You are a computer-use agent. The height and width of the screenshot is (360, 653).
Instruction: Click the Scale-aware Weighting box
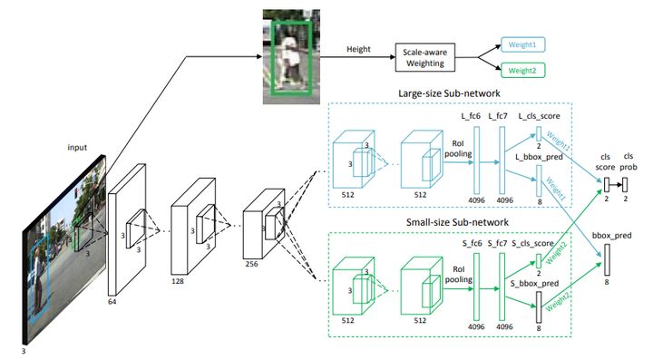point(424,57)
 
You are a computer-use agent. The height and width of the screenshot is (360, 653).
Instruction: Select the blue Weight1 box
point(522,44)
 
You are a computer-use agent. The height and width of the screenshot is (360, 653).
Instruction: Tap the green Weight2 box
point(522,71)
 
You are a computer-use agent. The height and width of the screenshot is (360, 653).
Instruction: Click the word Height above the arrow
point(358,49)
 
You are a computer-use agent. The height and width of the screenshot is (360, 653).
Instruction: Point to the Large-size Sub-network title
point(449,93)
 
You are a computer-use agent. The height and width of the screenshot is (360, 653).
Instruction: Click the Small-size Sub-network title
point(457,222)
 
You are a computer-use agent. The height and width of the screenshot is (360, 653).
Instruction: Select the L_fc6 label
point(471,116)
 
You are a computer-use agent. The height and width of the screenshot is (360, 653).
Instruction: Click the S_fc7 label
point(497,243)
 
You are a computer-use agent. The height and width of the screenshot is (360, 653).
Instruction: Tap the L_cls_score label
point(539,116)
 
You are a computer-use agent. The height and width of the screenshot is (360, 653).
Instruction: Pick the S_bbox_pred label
point(534,284)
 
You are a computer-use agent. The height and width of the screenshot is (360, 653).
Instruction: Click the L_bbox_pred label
point(539,157)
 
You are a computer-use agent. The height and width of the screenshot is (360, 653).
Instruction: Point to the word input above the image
point(77,147)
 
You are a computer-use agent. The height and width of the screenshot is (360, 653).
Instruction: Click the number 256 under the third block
point(251,264)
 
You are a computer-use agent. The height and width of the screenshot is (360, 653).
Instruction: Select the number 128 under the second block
point(178,281)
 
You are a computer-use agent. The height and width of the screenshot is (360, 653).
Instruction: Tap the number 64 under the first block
point(112,302)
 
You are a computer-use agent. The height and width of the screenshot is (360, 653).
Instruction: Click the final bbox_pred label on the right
point(612,236)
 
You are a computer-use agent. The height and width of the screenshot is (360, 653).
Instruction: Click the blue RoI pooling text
point(458,149)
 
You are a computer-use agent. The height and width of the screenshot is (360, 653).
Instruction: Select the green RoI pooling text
point(459,275)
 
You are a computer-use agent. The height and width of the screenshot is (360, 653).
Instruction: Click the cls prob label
point(628,161)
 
